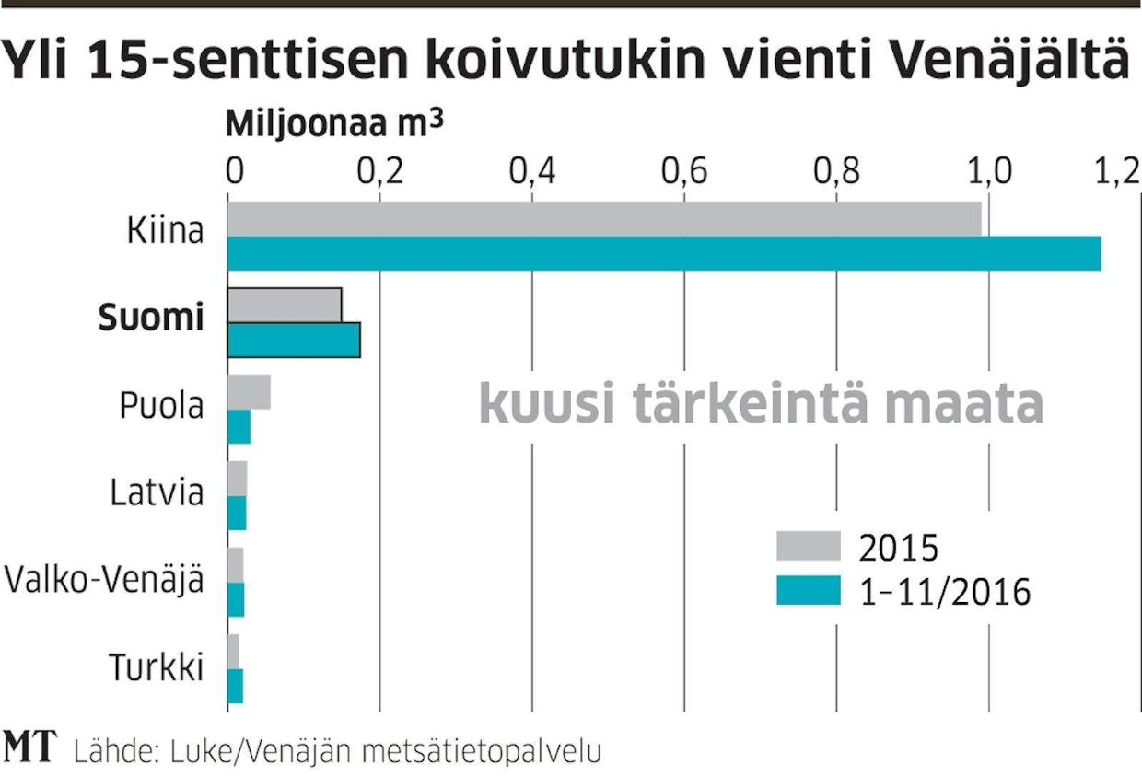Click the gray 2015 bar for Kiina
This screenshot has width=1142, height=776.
(604, 219)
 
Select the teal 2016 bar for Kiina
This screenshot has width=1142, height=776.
(664, 254)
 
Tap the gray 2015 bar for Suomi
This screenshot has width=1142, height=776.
(285, 305)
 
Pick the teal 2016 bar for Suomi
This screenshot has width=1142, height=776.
(294, 340)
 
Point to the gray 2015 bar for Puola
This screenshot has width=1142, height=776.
(249, 392)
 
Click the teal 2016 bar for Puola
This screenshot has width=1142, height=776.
(239, 427)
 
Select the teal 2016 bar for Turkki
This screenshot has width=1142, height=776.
(235, 687)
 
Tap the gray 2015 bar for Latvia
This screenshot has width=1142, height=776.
(237, 479)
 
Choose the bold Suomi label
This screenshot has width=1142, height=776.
(151, 319)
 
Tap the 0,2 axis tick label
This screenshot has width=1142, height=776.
(380, 172)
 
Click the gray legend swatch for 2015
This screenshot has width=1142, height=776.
(809, 546)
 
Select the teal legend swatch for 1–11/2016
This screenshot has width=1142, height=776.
(809, 590)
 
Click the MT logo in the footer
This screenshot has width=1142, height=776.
(29, 747)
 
